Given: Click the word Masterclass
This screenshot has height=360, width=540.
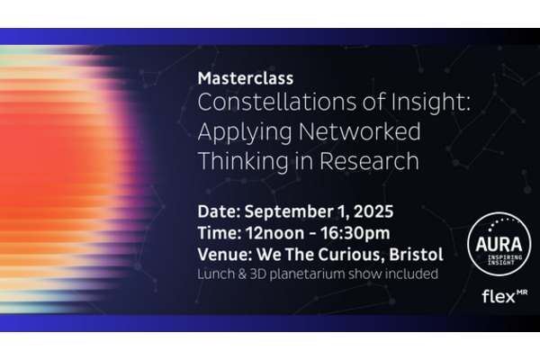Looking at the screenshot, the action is (x=246, y=78).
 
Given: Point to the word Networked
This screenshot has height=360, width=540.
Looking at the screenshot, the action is (x=359, y=131).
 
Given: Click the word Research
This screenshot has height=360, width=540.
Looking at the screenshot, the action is (x=369, y=161).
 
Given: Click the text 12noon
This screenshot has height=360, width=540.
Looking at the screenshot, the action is (x=274, y=233).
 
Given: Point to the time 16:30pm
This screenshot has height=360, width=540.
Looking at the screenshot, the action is (x=355, y=234).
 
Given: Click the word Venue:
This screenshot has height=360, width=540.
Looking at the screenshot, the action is (x=225, y=255).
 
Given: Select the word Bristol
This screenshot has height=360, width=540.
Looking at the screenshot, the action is (x=416, y=255).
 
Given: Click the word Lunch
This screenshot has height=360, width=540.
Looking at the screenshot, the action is (x=211, y=274).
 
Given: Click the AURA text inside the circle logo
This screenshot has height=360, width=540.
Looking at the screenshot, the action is (x=499, y=244).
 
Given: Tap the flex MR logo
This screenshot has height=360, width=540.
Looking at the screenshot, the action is (x=505, y=296).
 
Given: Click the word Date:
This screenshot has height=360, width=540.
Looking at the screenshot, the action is (x=219, y=211).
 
